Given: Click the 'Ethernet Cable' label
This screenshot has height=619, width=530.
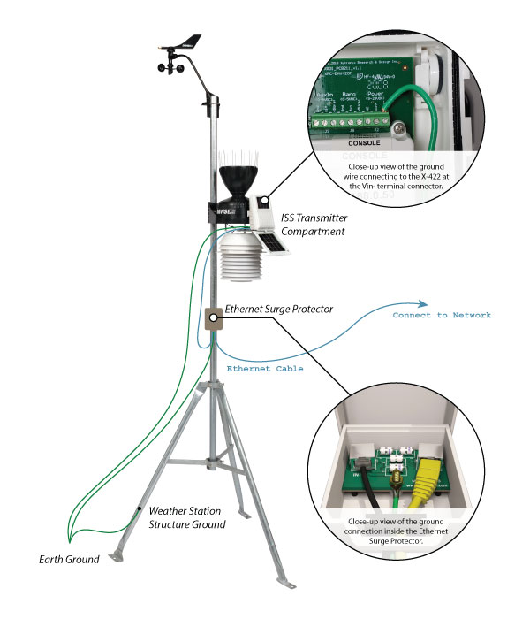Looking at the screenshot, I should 265,369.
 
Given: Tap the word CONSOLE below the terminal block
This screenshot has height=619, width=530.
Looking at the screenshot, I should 364,141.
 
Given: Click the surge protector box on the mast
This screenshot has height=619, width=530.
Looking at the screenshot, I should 214,318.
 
